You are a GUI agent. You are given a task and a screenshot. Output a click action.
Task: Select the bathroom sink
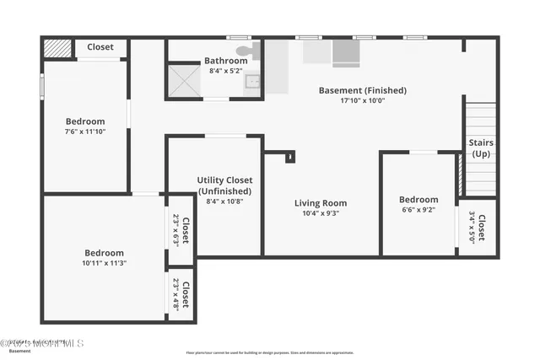pos(252,82)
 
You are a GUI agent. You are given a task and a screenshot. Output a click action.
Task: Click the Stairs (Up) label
pos(481,148)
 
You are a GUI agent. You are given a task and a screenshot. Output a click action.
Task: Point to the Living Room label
pos(321,203)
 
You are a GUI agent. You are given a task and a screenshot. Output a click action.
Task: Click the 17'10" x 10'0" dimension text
pos(362,100)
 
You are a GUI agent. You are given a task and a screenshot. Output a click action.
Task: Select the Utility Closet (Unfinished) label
pos(224,185)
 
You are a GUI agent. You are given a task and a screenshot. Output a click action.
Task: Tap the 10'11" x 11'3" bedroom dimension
pos(104,263)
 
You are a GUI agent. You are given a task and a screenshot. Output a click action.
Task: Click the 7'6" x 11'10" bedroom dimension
pos(85,132)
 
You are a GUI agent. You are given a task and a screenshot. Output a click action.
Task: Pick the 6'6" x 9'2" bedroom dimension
pos(418,210)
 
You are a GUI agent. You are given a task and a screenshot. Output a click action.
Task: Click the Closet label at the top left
pos(100,47)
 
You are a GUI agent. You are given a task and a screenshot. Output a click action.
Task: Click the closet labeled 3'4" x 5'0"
pos(477,228)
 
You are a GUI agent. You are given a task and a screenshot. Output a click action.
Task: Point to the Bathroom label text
pos(226,61)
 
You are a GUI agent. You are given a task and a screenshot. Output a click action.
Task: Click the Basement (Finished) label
pos(362,90)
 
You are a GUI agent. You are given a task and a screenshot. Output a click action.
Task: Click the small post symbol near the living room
pos(290,156)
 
